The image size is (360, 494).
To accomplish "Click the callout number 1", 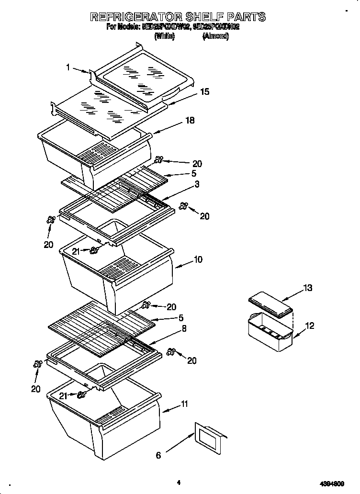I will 68,67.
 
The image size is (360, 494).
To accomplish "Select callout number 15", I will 205,91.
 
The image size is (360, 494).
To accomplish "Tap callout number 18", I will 190,121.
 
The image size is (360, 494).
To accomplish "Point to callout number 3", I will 197,184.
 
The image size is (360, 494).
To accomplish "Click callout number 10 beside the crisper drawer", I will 198,259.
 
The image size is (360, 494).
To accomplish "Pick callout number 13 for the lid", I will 307,288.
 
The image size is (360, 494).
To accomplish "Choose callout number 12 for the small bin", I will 310,326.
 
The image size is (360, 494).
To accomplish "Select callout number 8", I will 184,329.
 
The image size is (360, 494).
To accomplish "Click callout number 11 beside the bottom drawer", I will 184,404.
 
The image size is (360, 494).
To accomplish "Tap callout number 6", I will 158,455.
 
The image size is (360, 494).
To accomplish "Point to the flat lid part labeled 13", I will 271,305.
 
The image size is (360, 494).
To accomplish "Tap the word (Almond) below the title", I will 216,36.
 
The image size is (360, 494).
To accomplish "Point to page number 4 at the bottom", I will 178,483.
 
